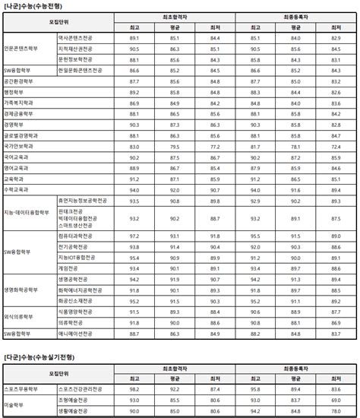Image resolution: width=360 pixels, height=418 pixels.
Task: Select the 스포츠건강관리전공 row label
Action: (x=81, y=389)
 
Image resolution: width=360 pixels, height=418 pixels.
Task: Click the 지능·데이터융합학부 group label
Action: (x=27, y=212)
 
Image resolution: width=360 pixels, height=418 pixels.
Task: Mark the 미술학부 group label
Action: (x=14, y=406)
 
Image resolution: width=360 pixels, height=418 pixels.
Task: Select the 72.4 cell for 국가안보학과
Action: (x=335, y=145)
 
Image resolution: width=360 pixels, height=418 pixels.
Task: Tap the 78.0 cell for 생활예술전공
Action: (x=335, y=411)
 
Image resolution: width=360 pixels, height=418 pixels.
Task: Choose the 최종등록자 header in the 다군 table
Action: (x=295, y=367)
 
